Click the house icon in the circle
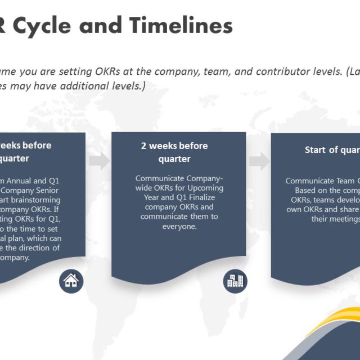[71, 281]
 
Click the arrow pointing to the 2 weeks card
[98, 161]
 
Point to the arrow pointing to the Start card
[259, 161]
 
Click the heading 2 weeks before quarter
[174, 152]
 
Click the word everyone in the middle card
[179, 226]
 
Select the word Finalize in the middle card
[200, 197]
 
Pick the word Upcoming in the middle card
[202, 188]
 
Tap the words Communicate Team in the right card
[321, 181]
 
